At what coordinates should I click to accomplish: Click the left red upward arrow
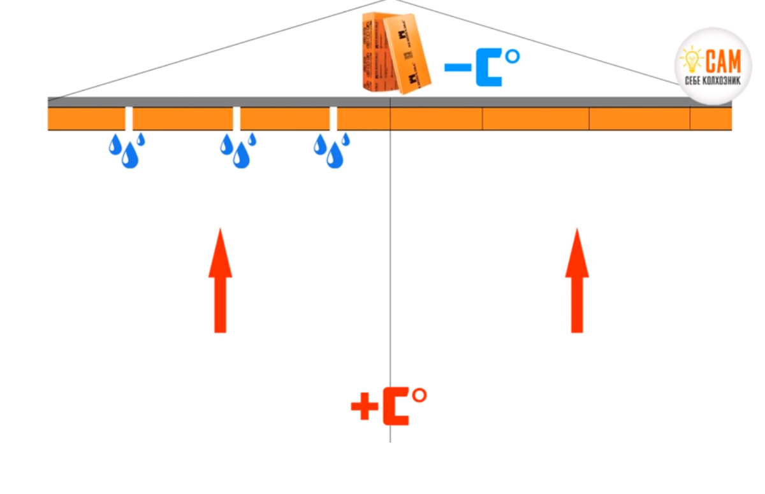pos(220,283)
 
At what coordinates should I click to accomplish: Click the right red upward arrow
pos(577,283)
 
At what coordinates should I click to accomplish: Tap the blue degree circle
pos(512,57)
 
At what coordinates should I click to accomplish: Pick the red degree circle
pos(419,395)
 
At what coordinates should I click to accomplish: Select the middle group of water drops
pos(238,150)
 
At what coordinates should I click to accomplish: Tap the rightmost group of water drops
pos(332,150)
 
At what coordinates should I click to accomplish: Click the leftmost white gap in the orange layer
pos(129,118)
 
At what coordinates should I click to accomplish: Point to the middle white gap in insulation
pos(237,118)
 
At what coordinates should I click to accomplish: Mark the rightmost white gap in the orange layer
pos(333,118)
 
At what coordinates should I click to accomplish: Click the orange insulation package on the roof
pos(396,54)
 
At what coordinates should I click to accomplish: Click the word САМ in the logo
pos(724,62)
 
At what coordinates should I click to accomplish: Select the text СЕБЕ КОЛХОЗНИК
pos(713,81)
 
